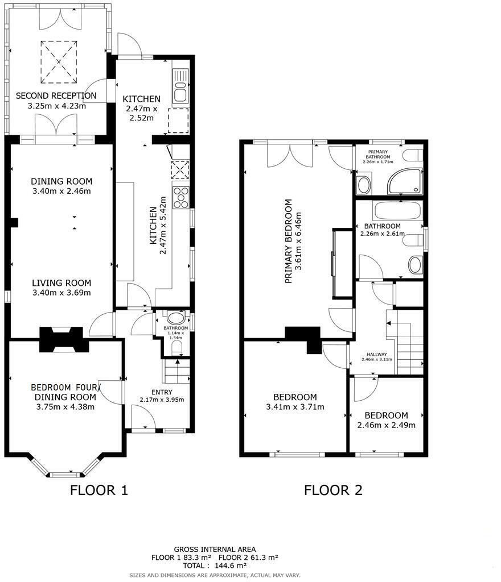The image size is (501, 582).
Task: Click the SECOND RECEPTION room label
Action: pos(56,95)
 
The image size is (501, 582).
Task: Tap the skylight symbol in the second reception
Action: pos(59,61)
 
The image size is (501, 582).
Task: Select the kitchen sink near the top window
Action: pos(180,86)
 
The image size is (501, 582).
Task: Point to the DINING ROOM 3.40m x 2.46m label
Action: pos(61,186)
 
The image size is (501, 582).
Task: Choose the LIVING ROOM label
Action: pos(61,283)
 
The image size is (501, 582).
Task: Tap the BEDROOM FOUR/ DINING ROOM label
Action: pos(65,392)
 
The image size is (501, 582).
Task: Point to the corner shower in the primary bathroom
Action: pos(405,181)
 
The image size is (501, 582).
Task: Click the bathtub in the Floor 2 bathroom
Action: pos(397,211)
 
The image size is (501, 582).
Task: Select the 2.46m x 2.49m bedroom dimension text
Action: pos(386,425)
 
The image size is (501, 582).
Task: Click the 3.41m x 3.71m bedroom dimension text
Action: pos(295,407)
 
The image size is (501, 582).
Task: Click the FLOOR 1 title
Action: pos(99,490)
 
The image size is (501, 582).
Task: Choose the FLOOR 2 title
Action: pos(333,490)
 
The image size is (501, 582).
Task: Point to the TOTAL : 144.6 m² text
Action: pos(215,566)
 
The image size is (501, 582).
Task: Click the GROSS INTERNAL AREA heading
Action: pos(215,549)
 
